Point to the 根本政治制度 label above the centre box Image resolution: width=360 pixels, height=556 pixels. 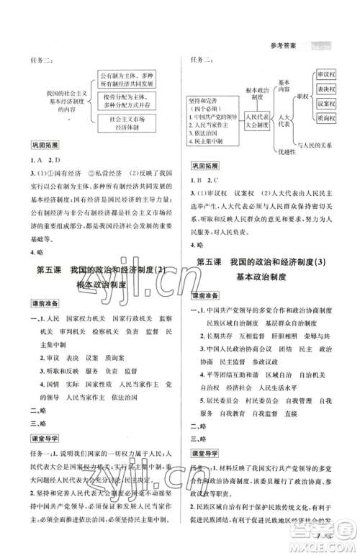tap(254, 93)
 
